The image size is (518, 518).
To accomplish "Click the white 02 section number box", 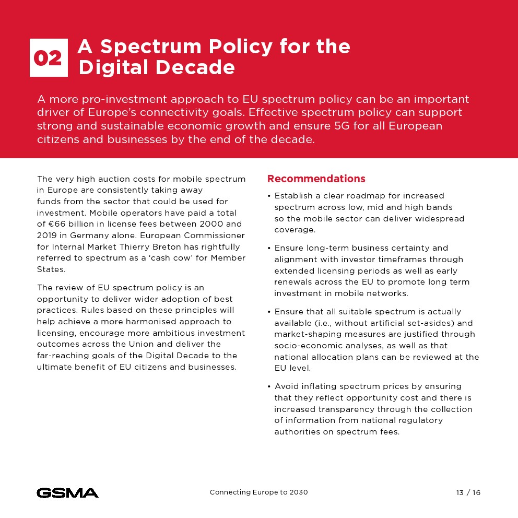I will pyautogui.click(x=49, y=58).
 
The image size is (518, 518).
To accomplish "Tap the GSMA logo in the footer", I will pyautogui.click(x=67, y=492).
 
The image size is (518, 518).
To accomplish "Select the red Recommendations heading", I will pyautogui.click(x=316, y=179).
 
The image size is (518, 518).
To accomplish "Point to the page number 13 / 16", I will pyautogui.click(x=468, y=492).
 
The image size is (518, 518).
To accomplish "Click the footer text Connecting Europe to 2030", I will pyautogui.click(x=258, y=492).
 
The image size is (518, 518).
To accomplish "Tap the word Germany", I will pyautogui.click(x=93, y=236).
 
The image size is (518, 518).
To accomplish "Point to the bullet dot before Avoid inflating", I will pyautogui.click(x=269, y=387).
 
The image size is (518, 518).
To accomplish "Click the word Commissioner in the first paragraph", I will pyautogui.click(x=215, y=236).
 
